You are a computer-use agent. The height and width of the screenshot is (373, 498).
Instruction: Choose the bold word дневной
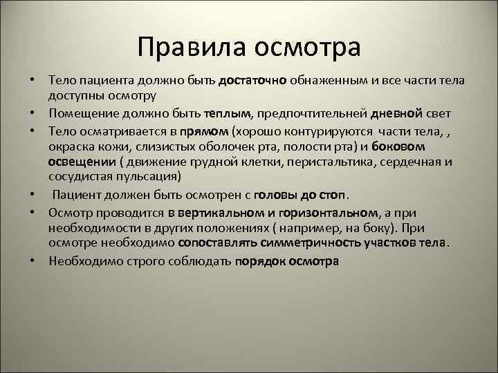[x=401, y=113]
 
